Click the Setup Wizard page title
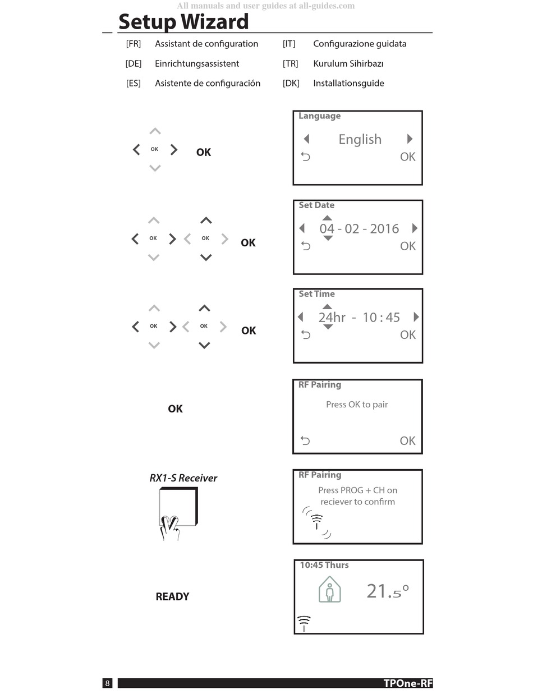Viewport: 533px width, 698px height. point(183,22)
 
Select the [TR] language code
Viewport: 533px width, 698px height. point(290,63)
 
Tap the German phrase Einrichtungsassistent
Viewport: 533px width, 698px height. point(197,63)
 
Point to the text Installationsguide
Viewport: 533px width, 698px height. point(348,83)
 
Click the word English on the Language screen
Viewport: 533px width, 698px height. point(360,139)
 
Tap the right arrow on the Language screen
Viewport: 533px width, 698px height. point(410,139)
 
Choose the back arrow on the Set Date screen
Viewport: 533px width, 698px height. point(306,246)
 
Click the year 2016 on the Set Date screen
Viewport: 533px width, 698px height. point(384,228)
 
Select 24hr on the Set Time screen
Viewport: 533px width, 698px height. point(332,318)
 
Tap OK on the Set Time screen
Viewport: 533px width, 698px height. point(408,335)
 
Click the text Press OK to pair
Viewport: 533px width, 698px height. point(357,405)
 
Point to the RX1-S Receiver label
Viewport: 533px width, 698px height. point(183,478)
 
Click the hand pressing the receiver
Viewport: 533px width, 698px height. point(170,528)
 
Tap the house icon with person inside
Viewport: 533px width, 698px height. point(329,590)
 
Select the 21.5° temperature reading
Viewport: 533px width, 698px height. point(388,591)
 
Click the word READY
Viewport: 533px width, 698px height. point(172,596)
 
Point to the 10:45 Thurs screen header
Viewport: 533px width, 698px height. point(324,565)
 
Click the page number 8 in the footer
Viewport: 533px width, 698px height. point(108,683)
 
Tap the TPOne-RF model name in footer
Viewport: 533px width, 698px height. point(408,683)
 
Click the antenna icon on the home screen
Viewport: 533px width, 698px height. point(304,623)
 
